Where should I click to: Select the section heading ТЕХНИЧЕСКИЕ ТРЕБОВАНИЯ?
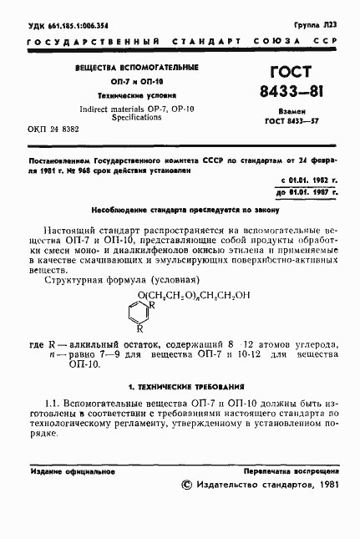coord(180,388)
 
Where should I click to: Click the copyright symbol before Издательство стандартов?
coord(187,486)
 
